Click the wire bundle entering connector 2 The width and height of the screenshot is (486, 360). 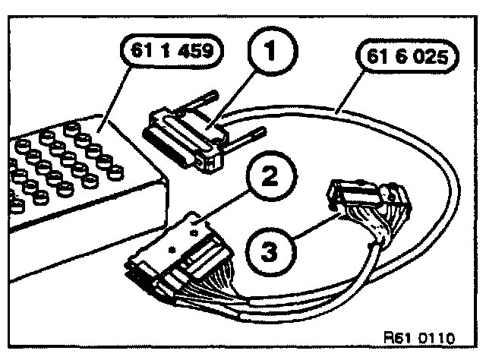coord(228,292)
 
